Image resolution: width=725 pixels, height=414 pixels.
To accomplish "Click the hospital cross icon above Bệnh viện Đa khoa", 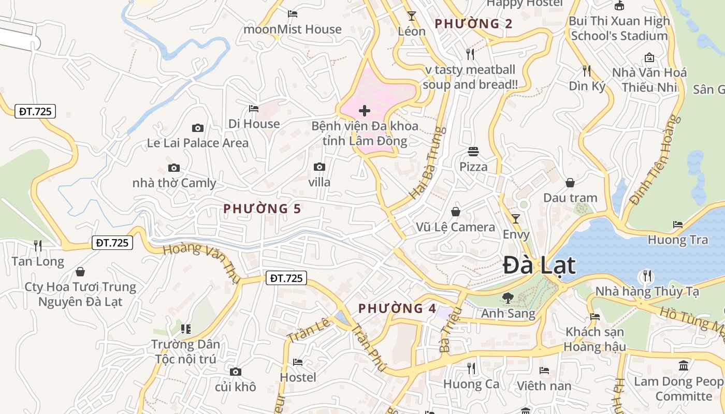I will [365, 110].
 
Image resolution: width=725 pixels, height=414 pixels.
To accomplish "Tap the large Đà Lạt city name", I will [539, 265].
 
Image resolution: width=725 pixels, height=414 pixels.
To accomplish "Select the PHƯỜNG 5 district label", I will [262, 209].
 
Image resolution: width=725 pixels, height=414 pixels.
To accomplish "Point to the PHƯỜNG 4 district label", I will [397, 308].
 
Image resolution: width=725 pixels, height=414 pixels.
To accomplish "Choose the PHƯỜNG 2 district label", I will [473, 23].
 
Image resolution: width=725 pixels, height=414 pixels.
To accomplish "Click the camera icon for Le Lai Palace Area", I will [197, 128].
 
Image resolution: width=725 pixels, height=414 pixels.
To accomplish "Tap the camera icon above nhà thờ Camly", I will [174, 168].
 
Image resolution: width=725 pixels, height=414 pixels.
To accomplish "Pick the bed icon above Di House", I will [254, 109].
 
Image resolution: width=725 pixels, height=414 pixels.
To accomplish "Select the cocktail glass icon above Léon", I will [412, 16].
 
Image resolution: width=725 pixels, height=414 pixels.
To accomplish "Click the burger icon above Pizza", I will [473, 152].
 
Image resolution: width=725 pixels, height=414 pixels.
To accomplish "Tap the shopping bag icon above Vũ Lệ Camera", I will [456, 212].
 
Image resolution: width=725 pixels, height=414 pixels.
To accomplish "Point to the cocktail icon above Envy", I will [516, 219].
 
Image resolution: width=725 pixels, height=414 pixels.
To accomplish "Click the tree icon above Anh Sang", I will [508, 298].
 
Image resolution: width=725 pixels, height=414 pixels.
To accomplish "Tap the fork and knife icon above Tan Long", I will [38, 245].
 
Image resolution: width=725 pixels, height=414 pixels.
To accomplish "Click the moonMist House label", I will [293, 29].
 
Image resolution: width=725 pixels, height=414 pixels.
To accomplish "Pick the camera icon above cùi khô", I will [236, 372].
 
